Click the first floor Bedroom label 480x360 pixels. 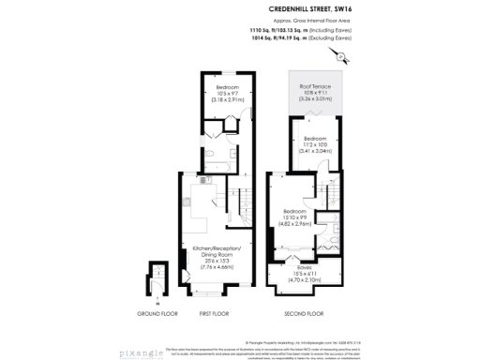coord(226,87)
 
